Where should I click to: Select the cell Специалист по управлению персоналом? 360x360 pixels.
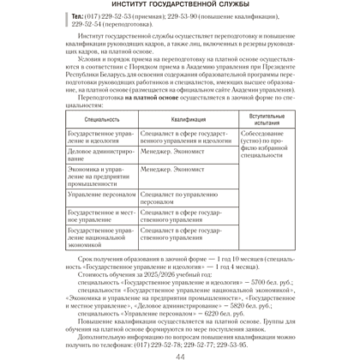(x=182, y=199)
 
